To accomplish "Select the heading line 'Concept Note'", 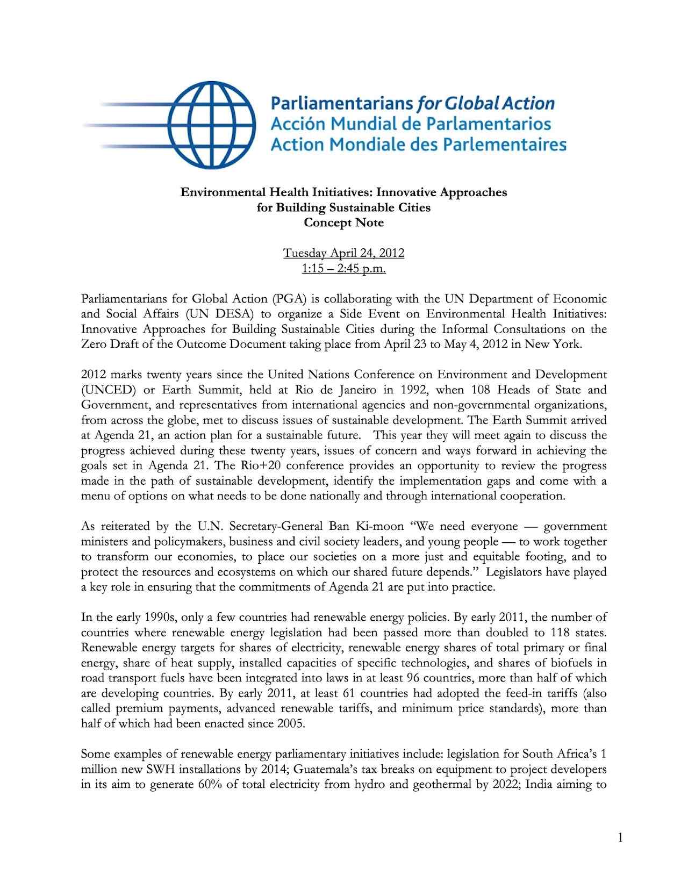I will click(x=343, y=223).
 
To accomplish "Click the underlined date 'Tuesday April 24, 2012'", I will click(x=343, y=253).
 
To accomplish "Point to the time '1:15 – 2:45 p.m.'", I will click(x=343, y=268).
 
